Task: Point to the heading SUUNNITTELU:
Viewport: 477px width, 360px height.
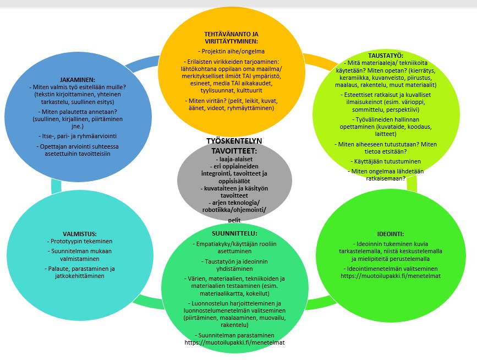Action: pyautogui.click(x=233, y=233)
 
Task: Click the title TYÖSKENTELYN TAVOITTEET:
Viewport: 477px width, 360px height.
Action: pyautogui.click(x=234, y=145)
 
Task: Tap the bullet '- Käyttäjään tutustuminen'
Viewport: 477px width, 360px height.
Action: pyautogui.click(x=379, y=161)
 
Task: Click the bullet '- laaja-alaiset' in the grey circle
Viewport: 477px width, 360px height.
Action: pyautogui.click(x=234, y=159)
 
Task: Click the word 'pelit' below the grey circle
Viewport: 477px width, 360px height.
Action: pyautogui.click(x=234, y=219)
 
